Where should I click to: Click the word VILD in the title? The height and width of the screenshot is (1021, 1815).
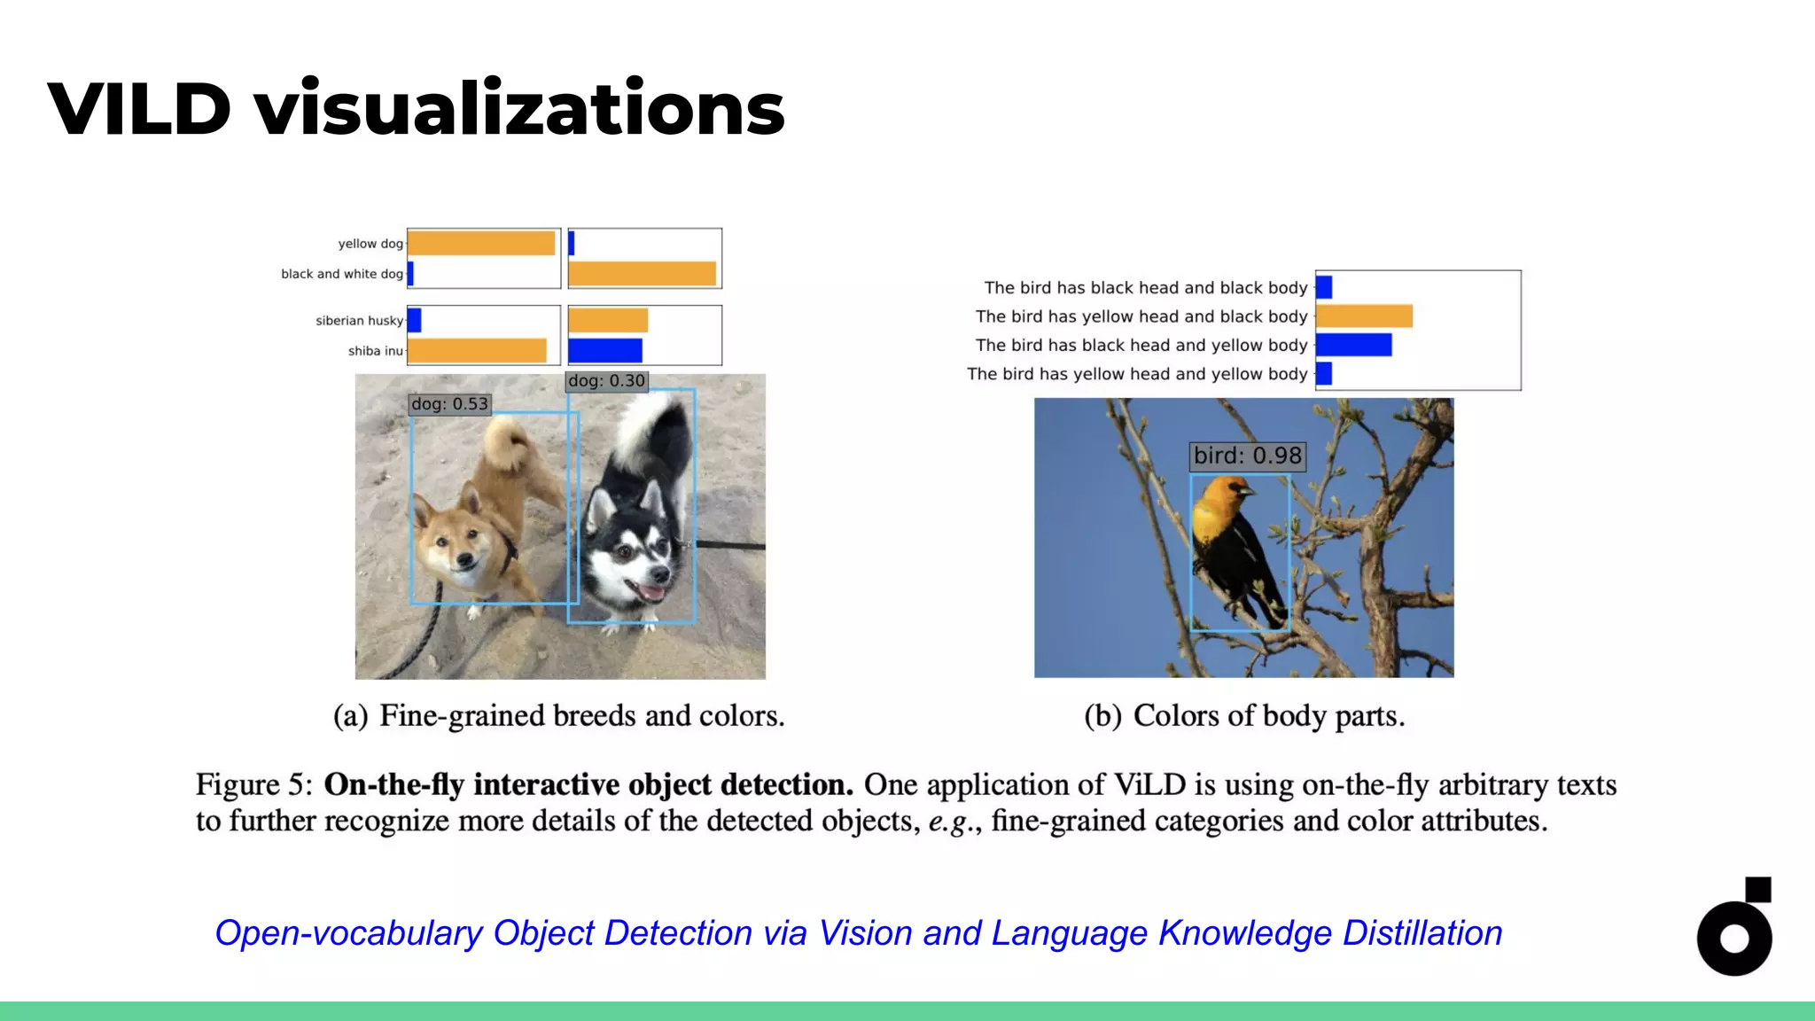point(139,109)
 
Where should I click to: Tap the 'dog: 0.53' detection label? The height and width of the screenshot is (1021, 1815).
point(449,404)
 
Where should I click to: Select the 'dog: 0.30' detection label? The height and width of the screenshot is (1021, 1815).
point(607,381)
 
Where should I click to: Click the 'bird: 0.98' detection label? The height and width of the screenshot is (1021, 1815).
point(1247,456)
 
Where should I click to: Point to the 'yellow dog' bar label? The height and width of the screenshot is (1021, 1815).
point(370,244)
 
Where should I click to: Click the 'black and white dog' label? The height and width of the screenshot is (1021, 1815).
point(342,274)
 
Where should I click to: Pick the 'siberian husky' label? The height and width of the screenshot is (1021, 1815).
point(359,321)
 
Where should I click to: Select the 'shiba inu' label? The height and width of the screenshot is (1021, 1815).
point(375,351)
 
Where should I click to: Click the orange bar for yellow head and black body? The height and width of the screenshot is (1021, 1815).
point(1364,316)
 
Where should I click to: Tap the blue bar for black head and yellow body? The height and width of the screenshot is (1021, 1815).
point(1353,345)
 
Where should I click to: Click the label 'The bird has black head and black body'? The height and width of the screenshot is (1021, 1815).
point(1145,288)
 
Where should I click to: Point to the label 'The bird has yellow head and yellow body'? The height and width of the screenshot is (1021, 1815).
point(1137,374)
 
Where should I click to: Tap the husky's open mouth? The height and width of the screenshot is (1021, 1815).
point(651,591)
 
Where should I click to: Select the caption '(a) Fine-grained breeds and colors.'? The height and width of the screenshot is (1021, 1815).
point(559,716)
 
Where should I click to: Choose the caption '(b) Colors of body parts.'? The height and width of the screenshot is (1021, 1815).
point(1244,716)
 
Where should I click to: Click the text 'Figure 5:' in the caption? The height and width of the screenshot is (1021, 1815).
point(254,785)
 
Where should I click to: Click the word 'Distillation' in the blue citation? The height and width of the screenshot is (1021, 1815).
point(1422,933)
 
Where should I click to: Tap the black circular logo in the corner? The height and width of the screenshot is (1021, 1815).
point(1733,937)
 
